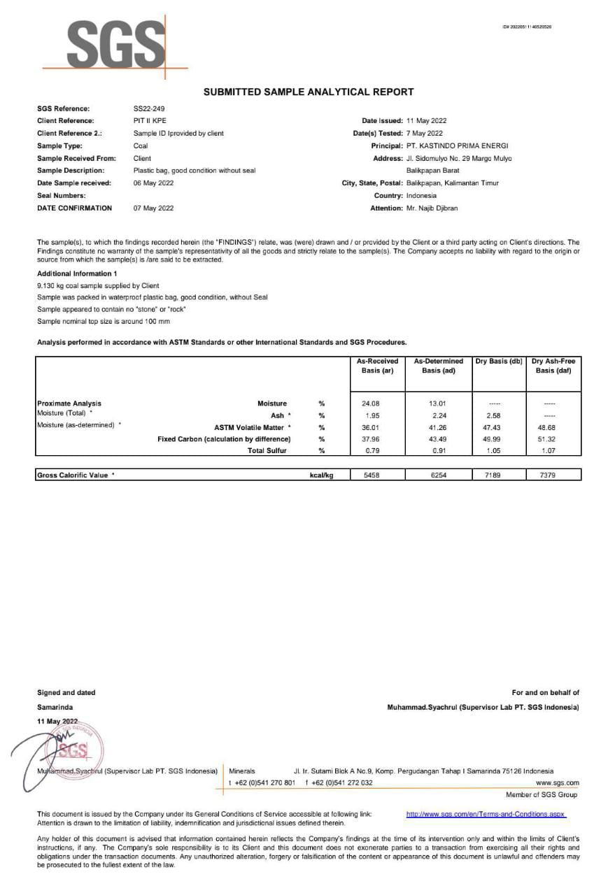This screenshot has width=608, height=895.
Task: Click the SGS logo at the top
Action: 115,44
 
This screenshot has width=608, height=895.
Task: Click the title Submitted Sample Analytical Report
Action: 309,92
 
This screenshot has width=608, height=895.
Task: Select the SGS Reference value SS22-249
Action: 148,108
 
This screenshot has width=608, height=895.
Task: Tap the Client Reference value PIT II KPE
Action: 150,121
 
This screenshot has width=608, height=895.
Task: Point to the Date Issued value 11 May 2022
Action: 426,121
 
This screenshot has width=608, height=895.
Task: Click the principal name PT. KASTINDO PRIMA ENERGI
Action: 458,146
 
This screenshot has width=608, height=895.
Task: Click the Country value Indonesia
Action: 421,196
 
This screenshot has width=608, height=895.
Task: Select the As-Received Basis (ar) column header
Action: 377,366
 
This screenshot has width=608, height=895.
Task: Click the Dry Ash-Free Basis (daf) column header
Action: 553,366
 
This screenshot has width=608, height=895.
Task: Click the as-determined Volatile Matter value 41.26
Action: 438,427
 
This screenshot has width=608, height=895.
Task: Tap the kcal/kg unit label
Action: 321,475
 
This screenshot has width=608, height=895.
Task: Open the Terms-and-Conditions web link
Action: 486,815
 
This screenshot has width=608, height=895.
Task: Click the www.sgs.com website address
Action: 558,783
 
